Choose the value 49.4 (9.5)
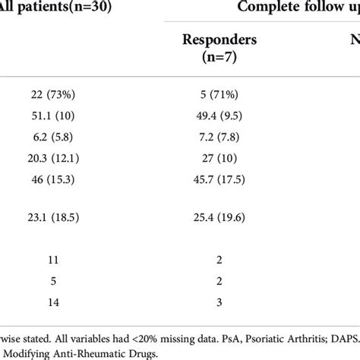(217, 117)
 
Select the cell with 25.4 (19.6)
(217, 216)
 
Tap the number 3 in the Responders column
(217, 302)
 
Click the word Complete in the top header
(268, 8)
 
